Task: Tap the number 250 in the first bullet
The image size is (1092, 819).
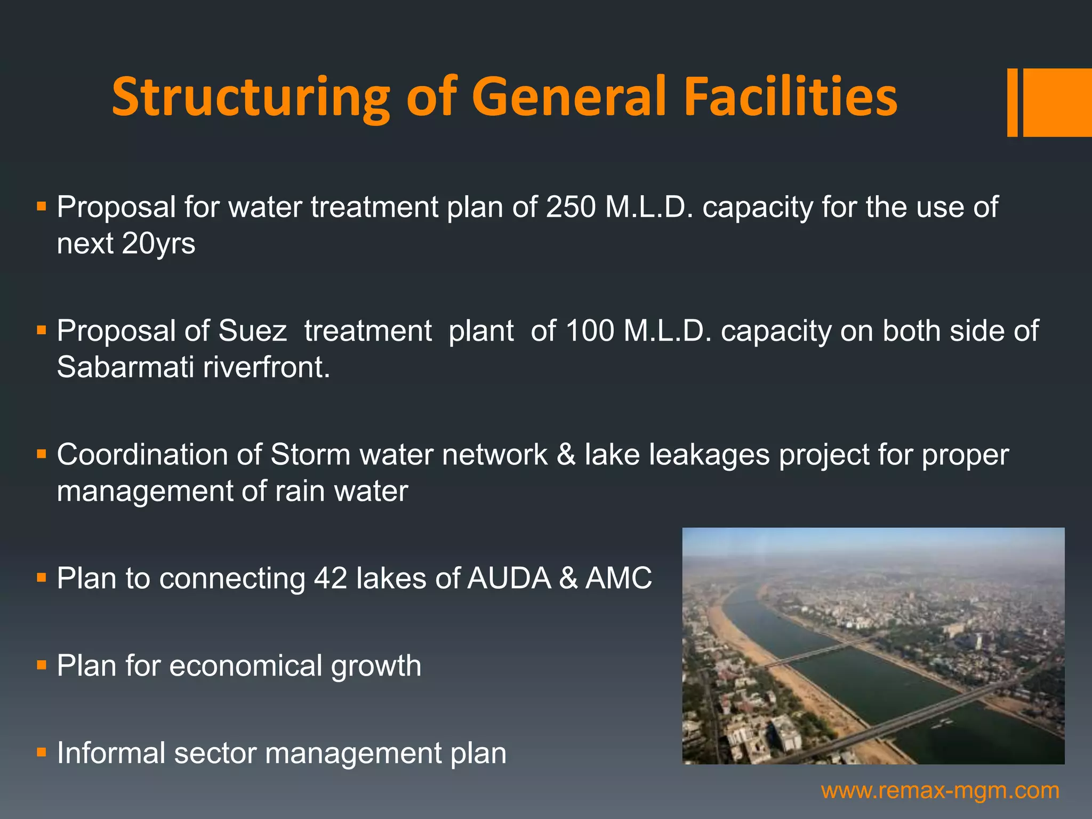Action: (x=571, y=207)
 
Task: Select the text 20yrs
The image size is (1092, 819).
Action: (x=158, y=244)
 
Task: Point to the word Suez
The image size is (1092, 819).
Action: (x=252, y=331)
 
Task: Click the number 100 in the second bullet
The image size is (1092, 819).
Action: (x=589, y=331)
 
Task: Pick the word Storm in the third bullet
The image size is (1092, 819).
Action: (x=310, y=455)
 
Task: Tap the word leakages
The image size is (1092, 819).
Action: (x=709, y=455)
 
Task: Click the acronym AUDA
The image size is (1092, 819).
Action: (x=509, y=578)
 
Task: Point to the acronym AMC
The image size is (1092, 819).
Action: (x=619, y=578)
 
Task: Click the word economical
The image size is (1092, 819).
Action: (x=246, y=666)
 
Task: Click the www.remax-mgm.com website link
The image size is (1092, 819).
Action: (x=940, y=790)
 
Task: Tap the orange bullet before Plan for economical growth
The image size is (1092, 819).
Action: (x=42, y=665)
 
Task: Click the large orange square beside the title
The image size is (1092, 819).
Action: (x=1057, y=102)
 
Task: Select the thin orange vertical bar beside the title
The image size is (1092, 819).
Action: (x=1012, y=102)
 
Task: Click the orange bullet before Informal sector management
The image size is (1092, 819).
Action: (x=42, y=752)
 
